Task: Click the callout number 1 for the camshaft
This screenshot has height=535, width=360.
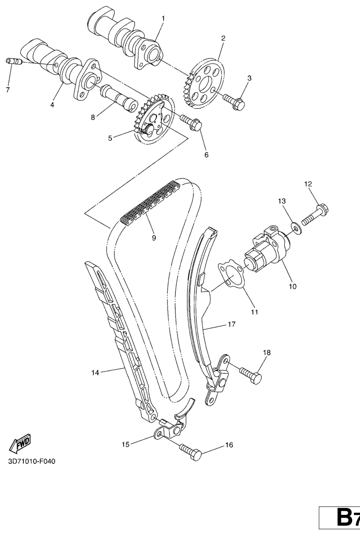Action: [x=163, y=18]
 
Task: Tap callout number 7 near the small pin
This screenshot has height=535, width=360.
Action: [x=8, y=90]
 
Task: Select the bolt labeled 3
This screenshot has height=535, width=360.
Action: [x=234, y=102]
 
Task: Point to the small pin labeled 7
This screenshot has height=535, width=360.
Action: [x=14, y=62]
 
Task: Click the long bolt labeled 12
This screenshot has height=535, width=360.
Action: [x=315, y=213]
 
